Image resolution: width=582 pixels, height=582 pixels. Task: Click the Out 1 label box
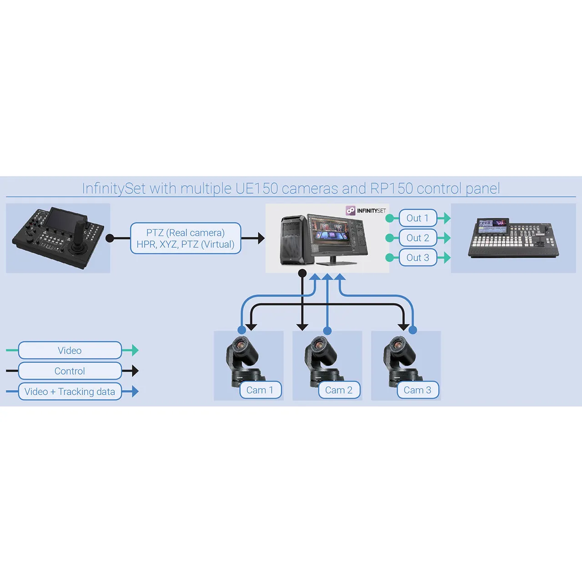(417, 218)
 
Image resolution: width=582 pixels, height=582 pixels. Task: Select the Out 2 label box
(417, 238)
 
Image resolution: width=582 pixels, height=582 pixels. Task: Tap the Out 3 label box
(417, 257)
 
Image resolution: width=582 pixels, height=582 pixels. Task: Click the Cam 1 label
(260, 390)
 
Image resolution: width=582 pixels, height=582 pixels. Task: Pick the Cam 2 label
(339, 390)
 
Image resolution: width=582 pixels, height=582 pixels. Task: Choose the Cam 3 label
(417, 390)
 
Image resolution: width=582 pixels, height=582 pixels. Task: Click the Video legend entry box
(70, 351)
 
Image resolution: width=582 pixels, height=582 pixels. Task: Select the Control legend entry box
(70, 371)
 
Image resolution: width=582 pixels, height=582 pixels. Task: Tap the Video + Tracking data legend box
(70, 391)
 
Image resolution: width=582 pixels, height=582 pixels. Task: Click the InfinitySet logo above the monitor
(366, 211)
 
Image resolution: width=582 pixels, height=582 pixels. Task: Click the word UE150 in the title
(256, 188)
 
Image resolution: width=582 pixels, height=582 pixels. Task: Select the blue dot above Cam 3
(412, 330)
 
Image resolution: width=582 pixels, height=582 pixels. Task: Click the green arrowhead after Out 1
(446, 218)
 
